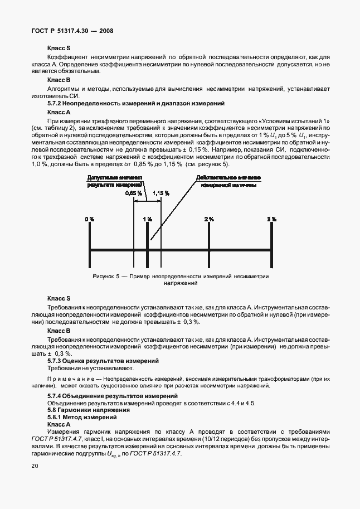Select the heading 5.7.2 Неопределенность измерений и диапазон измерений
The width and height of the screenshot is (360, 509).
[x=135, y=104]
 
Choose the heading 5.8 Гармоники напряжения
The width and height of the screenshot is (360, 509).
[x=82, y=410]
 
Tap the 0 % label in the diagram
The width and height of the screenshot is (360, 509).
[x=90, y=219]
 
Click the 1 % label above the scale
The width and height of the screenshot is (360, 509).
[x=147, y=219]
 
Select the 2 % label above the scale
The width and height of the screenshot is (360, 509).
[x=209, y=219]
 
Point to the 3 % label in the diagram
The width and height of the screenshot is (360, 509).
[x=271, y=219]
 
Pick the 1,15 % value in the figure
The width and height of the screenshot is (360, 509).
[x=160, y=192]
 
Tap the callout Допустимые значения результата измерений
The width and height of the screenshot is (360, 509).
[x=115, y=181]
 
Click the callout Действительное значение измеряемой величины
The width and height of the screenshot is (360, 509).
[x=228, y=181]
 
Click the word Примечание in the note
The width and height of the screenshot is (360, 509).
[x=70, y=379]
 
